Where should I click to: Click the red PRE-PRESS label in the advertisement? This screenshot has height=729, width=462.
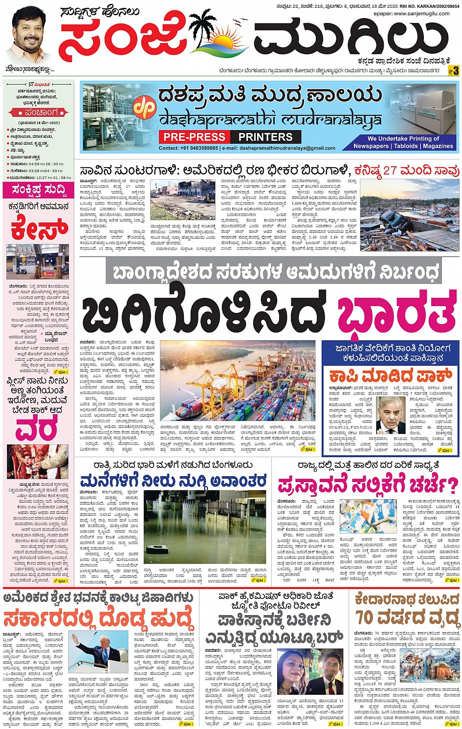pyautogui.click(x=195, y=137)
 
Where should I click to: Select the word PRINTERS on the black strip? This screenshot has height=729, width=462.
pyautogui.click(x=265, y=137)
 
